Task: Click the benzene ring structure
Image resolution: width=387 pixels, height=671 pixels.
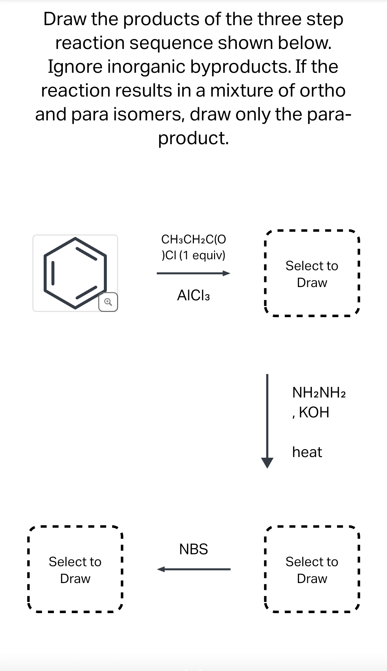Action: pos(75,273)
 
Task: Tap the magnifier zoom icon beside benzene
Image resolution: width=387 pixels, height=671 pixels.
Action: pos(108,302)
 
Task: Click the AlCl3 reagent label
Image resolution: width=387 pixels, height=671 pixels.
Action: pos(193,295)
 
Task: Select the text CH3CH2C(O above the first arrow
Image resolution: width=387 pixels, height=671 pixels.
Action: pos(193,239)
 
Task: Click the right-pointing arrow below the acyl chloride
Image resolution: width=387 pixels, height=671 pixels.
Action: pos(193,273)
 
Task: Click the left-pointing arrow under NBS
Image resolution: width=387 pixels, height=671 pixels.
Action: pos(193,569)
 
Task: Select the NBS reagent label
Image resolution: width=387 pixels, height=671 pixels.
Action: pos(193,549)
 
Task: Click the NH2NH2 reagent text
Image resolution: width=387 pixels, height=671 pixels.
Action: pos(319,393)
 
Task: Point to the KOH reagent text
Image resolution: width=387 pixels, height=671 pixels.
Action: pos(314,412)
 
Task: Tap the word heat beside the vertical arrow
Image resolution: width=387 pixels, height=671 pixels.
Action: pos(307,452)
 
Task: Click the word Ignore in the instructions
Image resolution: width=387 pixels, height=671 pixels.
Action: pos(75,67)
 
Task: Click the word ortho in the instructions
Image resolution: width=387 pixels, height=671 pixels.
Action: pos(322,91)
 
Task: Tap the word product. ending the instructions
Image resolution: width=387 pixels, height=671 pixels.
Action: pos(193,138)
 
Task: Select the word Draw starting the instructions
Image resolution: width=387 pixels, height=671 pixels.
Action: pos(65,19)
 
